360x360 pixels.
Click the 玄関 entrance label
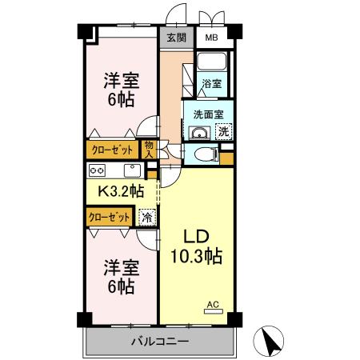pyautogui.click(x=176, y=38)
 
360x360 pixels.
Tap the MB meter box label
pyautogui.click(x=211, y=38)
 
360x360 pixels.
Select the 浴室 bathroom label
pyautogui.click(x=211, y=83)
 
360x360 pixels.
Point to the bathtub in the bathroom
pyautogui.click(x=212, y=62)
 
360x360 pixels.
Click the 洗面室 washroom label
pyautogui.click(x=208, y=114)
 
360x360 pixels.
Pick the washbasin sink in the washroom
pyautogui.click(x=199, y=133)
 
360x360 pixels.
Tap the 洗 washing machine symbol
pyautogui.click(x=224, y=131)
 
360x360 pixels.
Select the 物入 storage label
pyautogui.click(x=149, y=150)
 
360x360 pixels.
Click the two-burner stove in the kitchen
pyautogui.click(x=97, y=170)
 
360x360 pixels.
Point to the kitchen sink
pyautogui.click(x=132, y=170)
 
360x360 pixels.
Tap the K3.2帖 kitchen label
pyautogui.click(x=122, y=191)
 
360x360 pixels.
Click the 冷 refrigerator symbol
pyautogui.click(x=147, y=218)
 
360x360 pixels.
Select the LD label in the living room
pyautogui.click(x=197, y=236)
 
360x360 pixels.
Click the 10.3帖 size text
pyautogui.click(x=197, y=256)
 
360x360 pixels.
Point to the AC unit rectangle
pyautogui.click(x=214, y=311)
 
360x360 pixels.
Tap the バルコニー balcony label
pyautogui.click(x=161, y=341)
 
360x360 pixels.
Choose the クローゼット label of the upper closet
pyautogui.click(x=112, y=150)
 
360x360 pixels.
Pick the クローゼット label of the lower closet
pyautogui.click(x=110, y=218)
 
